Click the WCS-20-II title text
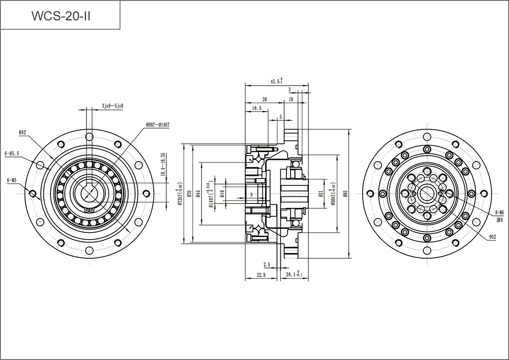61,16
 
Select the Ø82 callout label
22,133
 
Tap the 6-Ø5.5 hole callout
12,154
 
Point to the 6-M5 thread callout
11,180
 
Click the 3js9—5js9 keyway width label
112,106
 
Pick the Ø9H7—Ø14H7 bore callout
157,125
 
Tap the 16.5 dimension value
257,109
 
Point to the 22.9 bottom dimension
261,275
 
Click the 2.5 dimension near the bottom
267,265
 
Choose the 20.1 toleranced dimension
294,275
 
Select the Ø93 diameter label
345,193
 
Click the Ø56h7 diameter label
333,193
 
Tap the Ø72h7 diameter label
179,193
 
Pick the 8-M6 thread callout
499,212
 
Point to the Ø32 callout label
492,237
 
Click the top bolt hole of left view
89,137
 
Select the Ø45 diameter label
198,193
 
